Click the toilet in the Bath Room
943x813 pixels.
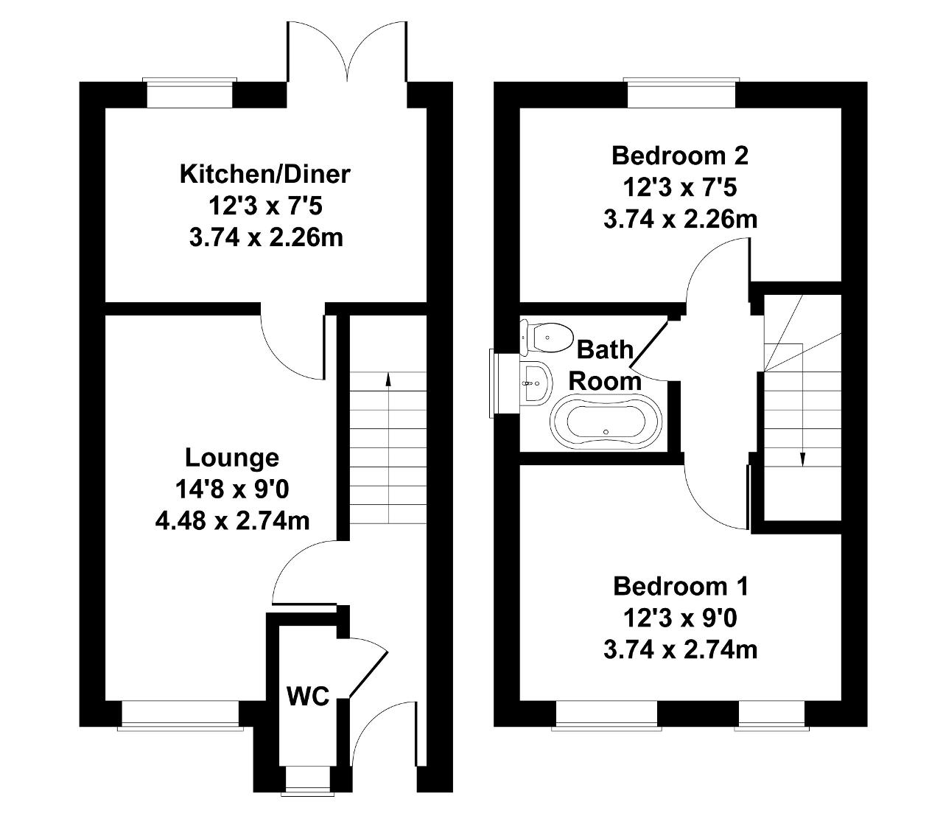(x=548, y=337)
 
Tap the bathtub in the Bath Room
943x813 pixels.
(x=603, y=423)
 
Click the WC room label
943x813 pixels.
(x=307, y=697)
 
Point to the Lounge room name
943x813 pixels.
(x=232, y=458)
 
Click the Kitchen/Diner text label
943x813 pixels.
(x=265, y=175)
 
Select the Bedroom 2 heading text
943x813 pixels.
(x=680, y=156)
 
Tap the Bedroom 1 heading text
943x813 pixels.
(x=681, y=587)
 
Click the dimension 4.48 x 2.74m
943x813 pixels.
(x=232, y=521)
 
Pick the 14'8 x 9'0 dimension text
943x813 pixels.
(x=232, y=489)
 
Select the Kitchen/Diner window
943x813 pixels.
(x=190, y=93)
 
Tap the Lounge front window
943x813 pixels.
(x=180, y=714)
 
